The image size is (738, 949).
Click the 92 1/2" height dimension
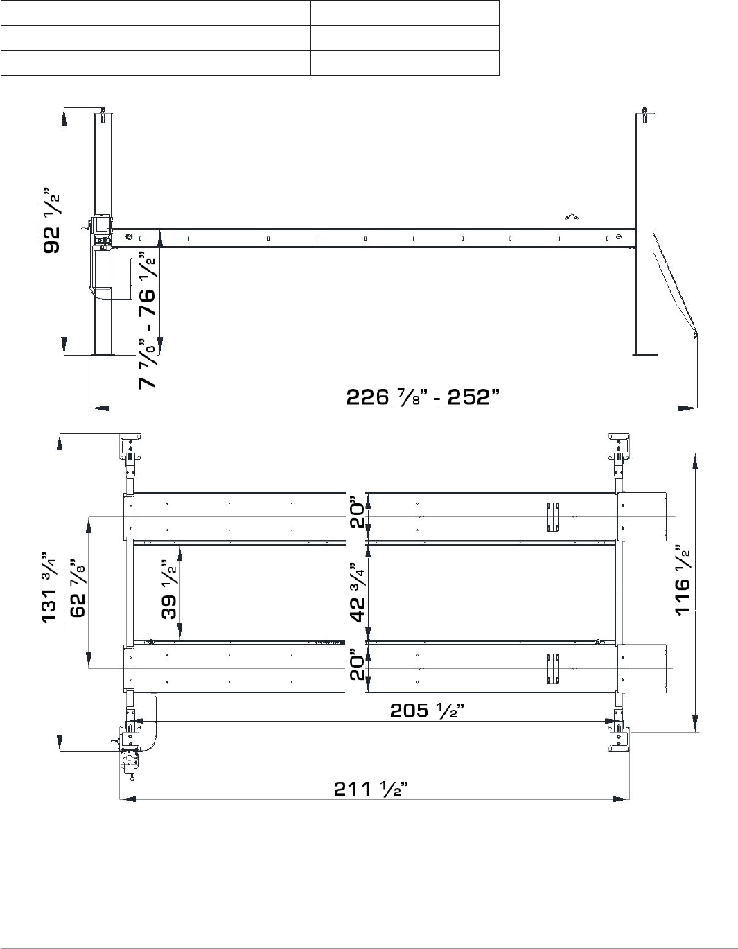coord(52,220)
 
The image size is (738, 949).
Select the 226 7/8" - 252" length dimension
coord(423,397)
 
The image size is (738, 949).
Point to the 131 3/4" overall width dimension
coord(49,586)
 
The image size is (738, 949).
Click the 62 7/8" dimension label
coord(78,587)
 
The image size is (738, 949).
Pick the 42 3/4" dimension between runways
coord(358,592)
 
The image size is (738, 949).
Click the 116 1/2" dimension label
coord(683,580)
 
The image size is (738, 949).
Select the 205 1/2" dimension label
coord(426,711)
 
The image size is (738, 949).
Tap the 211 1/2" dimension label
coord(371,789)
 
